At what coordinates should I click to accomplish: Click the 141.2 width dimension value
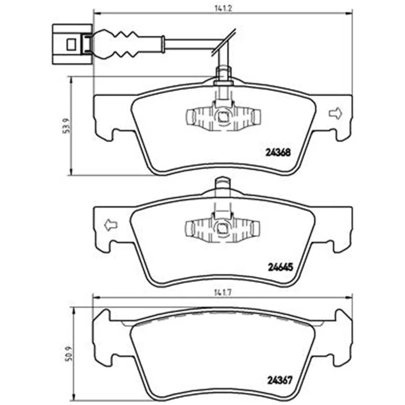coord(223,8)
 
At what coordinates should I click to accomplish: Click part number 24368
coord(278,153)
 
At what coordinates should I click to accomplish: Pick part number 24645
coord(280,267)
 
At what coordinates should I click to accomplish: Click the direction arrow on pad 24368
coord(336,113)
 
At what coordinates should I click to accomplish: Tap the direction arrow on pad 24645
coord(110,225)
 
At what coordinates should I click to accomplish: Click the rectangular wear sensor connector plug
coord(72,44)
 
